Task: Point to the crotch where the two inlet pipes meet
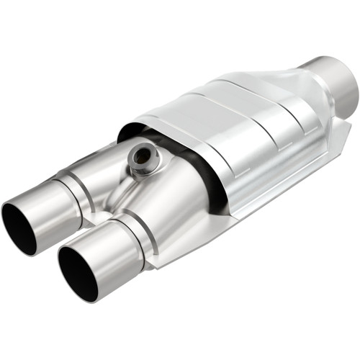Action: (101, 216)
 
